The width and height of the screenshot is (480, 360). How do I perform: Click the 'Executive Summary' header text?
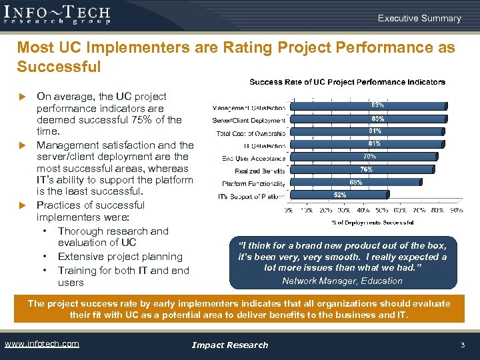coord(419,18)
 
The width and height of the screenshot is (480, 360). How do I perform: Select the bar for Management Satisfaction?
coord(367,105)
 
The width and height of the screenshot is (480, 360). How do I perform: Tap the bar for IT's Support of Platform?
coord(313,195)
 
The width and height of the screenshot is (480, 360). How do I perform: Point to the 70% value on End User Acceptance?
coord(369,157)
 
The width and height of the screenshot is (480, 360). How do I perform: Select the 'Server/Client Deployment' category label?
coord(249,120)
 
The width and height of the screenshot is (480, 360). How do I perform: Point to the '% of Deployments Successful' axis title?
coord(372,222)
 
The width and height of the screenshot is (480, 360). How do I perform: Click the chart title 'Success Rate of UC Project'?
coord(347,82)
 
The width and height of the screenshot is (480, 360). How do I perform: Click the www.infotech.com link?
coord(41,344)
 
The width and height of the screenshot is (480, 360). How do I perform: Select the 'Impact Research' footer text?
coord(230,345)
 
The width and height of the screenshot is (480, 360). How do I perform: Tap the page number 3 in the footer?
coord(462,345)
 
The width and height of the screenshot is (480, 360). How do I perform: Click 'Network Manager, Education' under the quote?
coord(342,281)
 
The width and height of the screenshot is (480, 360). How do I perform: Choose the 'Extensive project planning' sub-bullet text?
coord(120,257)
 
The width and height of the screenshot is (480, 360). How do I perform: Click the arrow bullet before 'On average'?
coord(21,97)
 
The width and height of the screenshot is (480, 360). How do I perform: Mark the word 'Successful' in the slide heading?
coord(59,67)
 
